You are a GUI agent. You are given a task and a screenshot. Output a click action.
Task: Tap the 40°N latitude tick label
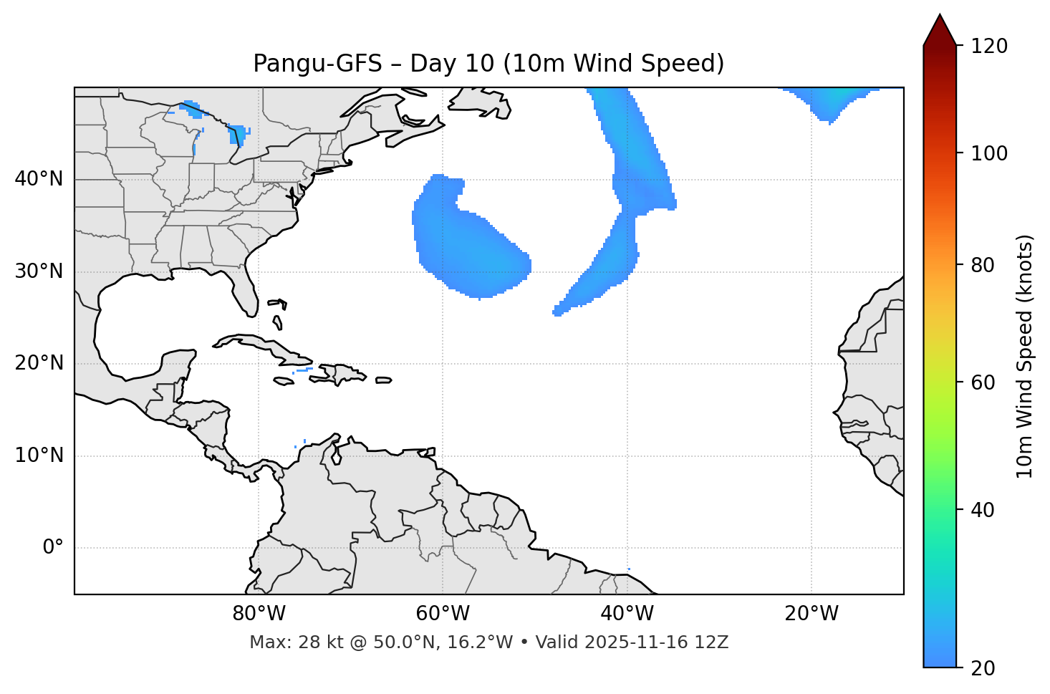click(x=39, y=179)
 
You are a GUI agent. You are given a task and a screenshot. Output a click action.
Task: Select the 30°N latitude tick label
click(x=39, y=271)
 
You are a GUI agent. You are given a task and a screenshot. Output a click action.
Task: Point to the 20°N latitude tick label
click(x=39, y=363)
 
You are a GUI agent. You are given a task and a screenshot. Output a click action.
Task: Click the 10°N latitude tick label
click(x=39, y=456)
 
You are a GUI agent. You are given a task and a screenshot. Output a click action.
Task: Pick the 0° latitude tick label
click(x=53, y=548)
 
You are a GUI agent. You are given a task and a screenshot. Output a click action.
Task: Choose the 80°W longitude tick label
click(x=259, y=614)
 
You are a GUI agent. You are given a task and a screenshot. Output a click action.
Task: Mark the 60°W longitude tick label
click(x=443, y=614)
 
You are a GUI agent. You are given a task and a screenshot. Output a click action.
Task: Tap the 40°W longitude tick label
click(x=627, y=614)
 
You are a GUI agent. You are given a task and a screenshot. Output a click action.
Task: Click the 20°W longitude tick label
click(x=811, y=614)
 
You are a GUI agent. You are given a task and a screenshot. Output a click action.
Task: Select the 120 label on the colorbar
click(x=990, y=47)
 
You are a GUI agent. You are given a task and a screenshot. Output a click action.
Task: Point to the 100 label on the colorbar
click(x=990, y=153)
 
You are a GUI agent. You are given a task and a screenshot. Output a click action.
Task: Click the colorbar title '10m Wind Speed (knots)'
click(x=1025, y=356)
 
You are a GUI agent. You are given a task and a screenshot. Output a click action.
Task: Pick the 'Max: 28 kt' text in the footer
click(x=280, y=642)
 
